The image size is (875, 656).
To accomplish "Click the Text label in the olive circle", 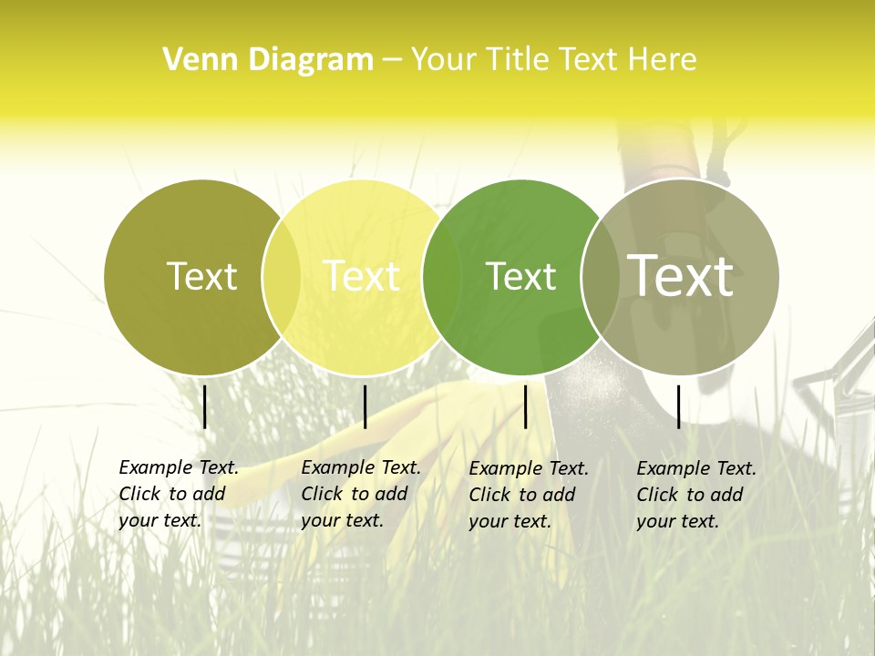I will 201,276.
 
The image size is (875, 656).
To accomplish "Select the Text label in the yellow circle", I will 361,276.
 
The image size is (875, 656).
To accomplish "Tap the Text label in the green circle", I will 520,276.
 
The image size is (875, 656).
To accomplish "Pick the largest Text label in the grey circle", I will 680,275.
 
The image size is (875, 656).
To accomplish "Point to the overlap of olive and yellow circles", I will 282,277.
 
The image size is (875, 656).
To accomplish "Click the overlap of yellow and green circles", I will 441,277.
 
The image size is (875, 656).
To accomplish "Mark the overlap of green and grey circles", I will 599,277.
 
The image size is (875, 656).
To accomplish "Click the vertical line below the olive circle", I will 205,406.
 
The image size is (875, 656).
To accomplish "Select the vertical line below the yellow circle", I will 365,406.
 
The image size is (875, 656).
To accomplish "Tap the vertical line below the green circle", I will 525,406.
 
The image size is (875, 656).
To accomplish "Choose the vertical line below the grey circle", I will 679,406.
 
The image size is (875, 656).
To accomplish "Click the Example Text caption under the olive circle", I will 178,494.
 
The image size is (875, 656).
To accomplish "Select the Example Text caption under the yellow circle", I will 360,494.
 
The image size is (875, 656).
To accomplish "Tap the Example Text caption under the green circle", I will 528,495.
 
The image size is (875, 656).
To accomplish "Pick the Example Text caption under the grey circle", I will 695,495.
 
